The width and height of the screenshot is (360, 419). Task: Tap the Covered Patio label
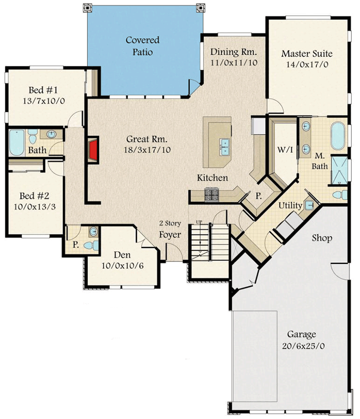(x=143, y=46)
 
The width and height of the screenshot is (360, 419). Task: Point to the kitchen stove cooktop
(x=211, y=194)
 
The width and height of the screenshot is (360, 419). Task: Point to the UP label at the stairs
(x=199, y=222)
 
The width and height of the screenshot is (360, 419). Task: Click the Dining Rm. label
(x=234, y=52)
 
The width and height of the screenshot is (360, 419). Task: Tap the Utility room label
(x=290, y=206)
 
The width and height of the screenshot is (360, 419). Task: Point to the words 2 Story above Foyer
(x=170, y=224)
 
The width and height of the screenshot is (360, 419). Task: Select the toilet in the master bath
(x=340, y=195)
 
